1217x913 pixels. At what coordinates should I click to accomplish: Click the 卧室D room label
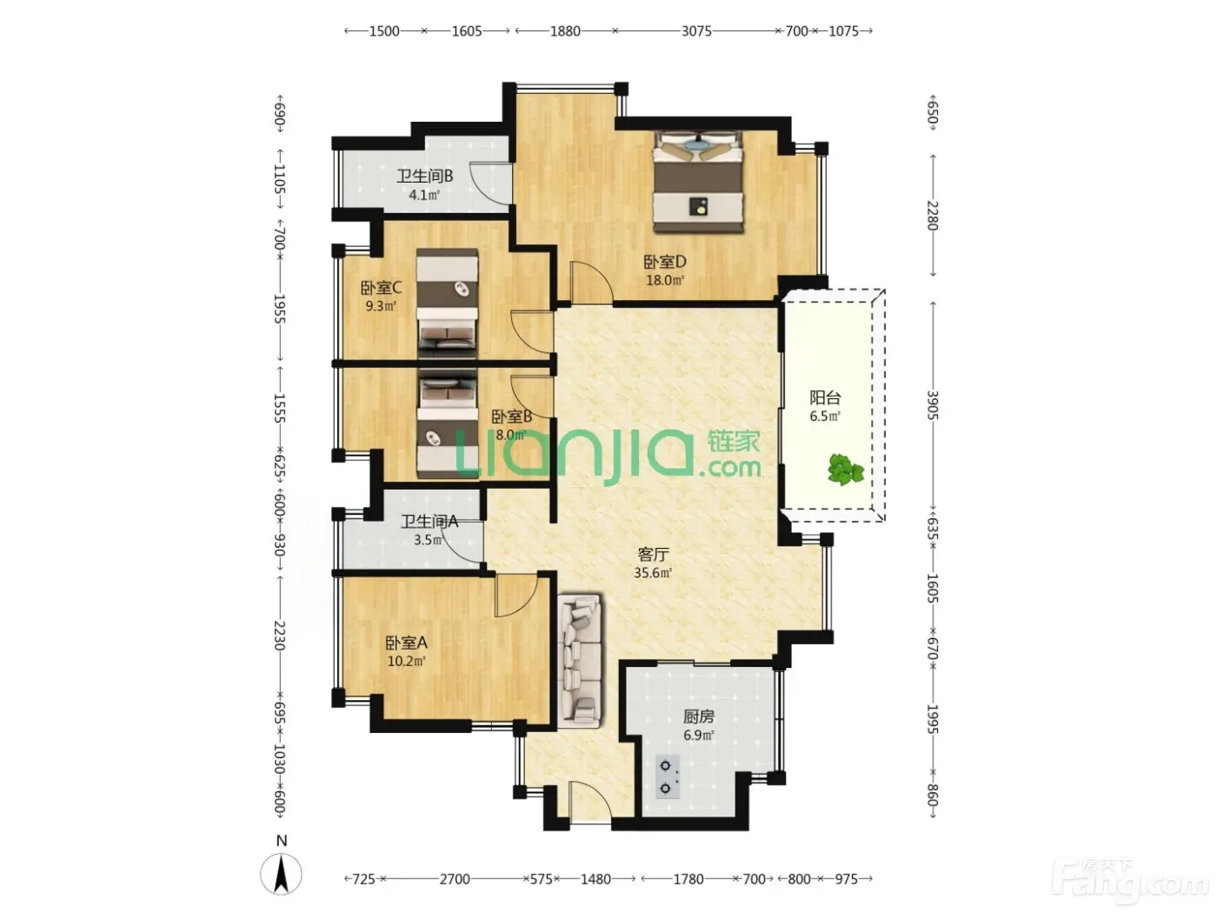point(664,261)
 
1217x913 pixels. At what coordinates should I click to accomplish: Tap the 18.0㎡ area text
point(664,280)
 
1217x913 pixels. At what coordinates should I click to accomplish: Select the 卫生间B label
point(424,177)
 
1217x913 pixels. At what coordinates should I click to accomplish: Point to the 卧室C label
point(381,288)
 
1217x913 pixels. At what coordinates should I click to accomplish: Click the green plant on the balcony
point(846,469)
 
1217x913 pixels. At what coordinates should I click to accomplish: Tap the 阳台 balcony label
point(825,397)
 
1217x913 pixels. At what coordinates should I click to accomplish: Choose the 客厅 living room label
point(653,554)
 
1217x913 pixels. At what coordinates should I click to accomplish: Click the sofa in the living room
point(580,662)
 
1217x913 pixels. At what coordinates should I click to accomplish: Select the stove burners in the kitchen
point(667,776)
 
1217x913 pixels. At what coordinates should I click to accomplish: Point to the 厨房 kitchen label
point(698,716)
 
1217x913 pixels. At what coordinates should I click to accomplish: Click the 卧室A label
point(406,643)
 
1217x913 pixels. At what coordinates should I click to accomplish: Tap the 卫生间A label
point(429,521)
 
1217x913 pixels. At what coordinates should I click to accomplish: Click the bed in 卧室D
point(697,181)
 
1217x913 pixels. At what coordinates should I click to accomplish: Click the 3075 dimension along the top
point(695,31)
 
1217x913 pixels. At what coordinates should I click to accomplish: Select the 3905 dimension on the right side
point(933,404)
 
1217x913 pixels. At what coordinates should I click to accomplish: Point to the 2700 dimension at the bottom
point(454,879)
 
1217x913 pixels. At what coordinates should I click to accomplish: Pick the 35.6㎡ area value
point(653,573)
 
